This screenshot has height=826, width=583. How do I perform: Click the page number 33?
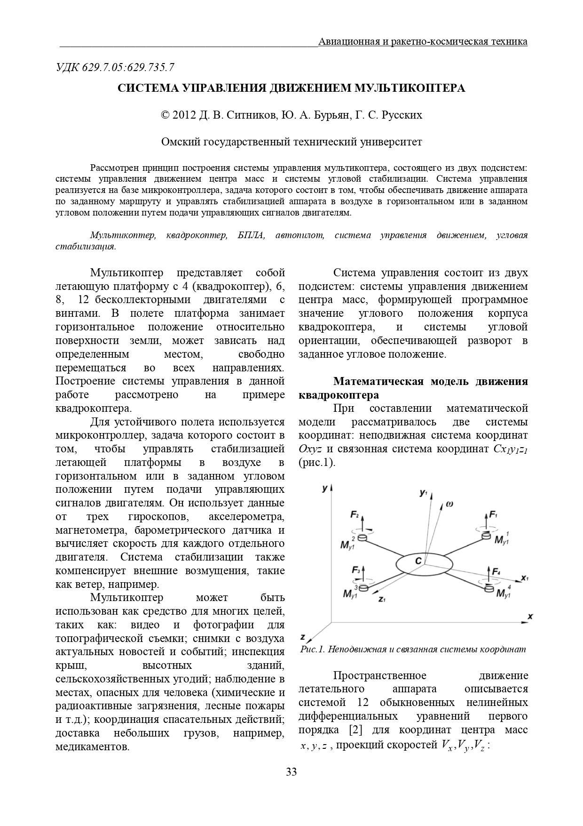point(291,772)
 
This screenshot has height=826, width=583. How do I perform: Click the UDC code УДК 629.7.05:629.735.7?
point(115,67)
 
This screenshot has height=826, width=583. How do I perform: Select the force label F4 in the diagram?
point(495,571)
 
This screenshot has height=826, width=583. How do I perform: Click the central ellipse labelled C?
point(424,563)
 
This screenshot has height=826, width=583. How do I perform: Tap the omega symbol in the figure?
point(449,504)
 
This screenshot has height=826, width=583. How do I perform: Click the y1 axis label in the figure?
point(423,493)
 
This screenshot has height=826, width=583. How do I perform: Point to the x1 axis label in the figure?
point(525,577)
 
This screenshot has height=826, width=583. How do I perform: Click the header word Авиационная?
point(348,41)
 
